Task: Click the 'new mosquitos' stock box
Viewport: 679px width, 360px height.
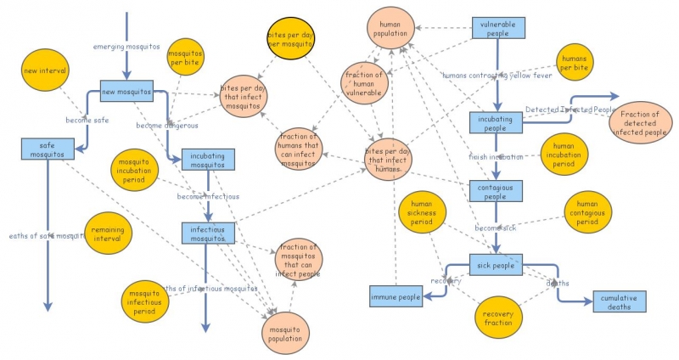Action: click(126, 91)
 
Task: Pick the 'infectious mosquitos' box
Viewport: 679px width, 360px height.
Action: click(207, 233)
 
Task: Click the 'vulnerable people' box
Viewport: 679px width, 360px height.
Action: click(497, 30)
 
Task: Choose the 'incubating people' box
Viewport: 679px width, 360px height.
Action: click(497, 123)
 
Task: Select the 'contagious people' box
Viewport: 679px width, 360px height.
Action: click(497, 191)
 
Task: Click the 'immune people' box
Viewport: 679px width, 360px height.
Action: click(396, 297)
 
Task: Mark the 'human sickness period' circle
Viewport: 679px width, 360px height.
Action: click(422, 217)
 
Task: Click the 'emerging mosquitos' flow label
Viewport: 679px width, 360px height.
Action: click(126, 47)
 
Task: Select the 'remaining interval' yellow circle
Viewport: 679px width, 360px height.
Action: click(107, 233)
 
